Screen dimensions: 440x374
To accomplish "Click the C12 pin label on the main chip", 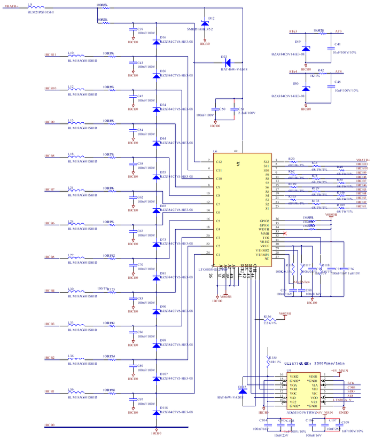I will point(219,161).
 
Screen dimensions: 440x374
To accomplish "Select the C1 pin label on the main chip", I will point(218,255).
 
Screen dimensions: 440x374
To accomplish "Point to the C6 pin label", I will point(218,213).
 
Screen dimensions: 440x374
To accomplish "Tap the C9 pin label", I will point(218,187).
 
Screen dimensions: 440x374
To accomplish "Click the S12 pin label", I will point(266,161).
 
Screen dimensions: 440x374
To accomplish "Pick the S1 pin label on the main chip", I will point(267,208).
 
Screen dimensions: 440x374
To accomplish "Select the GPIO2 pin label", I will point(264,221).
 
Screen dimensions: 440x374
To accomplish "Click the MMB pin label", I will point(265,234).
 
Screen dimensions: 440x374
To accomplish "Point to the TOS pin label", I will point(266,238).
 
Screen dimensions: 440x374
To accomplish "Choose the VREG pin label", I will point(264,242).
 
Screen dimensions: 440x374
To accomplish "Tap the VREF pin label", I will point(264,247).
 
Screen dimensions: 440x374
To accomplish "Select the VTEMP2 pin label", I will point(263,250).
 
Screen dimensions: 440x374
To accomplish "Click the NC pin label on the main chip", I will point(267,258).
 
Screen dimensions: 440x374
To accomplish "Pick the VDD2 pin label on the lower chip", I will point(293,377).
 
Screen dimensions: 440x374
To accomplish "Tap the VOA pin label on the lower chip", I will point(293,385).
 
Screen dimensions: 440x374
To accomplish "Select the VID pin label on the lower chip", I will point(293,398).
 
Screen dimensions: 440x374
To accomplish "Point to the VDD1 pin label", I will point(314,377).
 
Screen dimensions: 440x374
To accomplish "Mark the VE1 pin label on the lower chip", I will point(314,402).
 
